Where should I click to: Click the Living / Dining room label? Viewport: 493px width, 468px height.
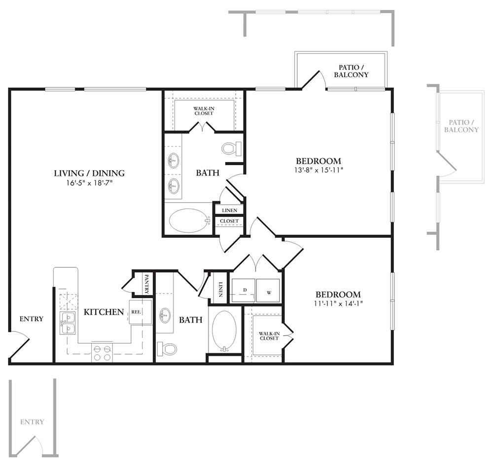tap(89, 173)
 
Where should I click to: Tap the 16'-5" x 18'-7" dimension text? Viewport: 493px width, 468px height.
tap(89, 183)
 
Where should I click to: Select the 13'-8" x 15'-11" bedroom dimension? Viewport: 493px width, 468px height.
tap(318, 170)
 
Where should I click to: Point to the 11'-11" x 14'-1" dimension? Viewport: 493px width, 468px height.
tap(338, 303)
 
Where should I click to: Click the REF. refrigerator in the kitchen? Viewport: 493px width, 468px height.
tap(140, 312)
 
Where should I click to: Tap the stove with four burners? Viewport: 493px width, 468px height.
tap(102, 353)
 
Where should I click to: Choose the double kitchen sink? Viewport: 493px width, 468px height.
tap(68, 323)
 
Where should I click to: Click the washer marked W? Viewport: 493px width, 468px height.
tap(268, 290)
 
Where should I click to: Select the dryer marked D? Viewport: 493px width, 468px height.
tap(244, 290)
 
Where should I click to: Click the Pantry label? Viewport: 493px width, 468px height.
tap(146, 284)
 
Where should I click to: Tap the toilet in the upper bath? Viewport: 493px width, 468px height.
tap(231, 148)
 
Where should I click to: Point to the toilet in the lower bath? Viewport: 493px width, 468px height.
tap(167, 349)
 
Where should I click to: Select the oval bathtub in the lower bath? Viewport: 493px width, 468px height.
tap(224, 331)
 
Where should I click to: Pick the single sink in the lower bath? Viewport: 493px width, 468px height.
tap(165, 314)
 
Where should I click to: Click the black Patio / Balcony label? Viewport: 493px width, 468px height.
tap(351, 71)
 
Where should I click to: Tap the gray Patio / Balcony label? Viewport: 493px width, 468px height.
tap(461, 126)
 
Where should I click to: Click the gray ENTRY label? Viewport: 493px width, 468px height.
tap(32, 422)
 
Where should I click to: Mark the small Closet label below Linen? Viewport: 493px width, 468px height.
tap(229, 221)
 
